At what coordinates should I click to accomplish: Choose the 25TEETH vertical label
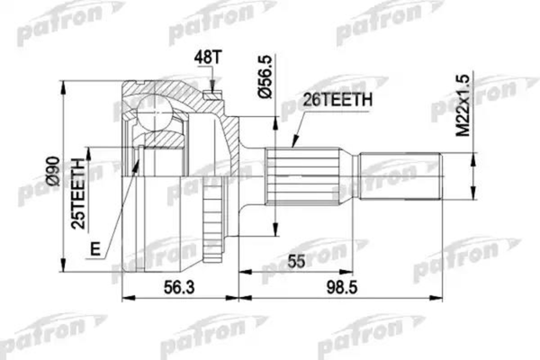pyautogui.click(x=78, y=191)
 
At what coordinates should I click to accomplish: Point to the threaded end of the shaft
pyautogui.click(x=403, y=172)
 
